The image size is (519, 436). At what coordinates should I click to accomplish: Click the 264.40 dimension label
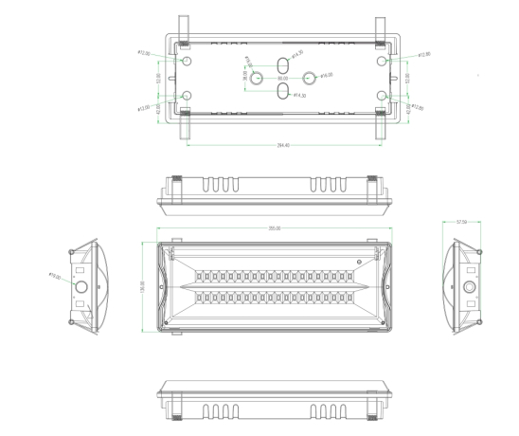click(282, 146)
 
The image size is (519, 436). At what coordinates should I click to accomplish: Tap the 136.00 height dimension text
click(143, 284)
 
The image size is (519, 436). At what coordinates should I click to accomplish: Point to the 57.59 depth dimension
click(463, 222)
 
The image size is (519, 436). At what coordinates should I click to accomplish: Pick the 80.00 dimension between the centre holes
click(282, 79)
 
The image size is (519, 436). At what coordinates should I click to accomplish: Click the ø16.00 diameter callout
click(325, 75)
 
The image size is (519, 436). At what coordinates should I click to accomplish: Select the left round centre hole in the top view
click(255, 76)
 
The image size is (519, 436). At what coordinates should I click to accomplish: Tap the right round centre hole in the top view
click(309, 76)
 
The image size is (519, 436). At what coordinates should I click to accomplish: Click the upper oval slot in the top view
click(282, 62)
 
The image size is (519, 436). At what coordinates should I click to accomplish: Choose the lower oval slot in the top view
click(282, 92)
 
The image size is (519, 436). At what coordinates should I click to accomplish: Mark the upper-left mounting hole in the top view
click(187, 61)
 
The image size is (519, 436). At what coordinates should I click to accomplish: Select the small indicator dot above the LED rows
click(359, 262)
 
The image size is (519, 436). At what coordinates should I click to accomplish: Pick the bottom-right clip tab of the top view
click(380, 128)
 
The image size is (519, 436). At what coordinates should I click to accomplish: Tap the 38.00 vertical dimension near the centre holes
click(244, 76)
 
